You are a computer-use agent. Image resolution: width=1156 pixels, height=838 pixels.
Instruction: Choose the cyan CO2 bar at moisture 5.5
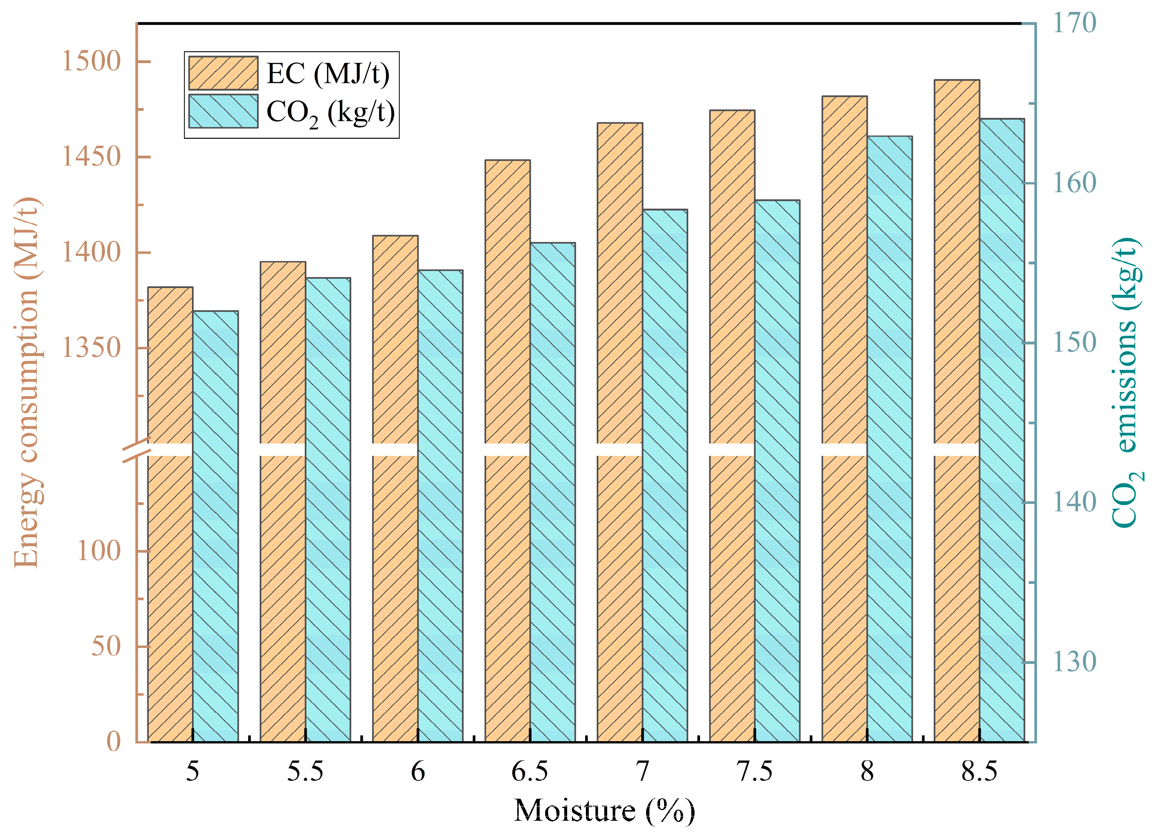[328, 510]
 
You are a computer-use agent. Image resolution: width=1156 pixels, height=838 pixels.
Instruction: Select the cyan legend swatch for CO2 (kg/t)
[223, 111]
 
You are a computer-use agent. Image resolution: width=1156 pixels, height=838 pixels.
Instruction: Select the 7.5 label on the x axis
[754, 772]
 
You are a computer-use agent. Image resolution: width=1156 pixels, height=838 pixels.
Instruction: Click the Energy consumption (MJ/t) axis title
[26, 382]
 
